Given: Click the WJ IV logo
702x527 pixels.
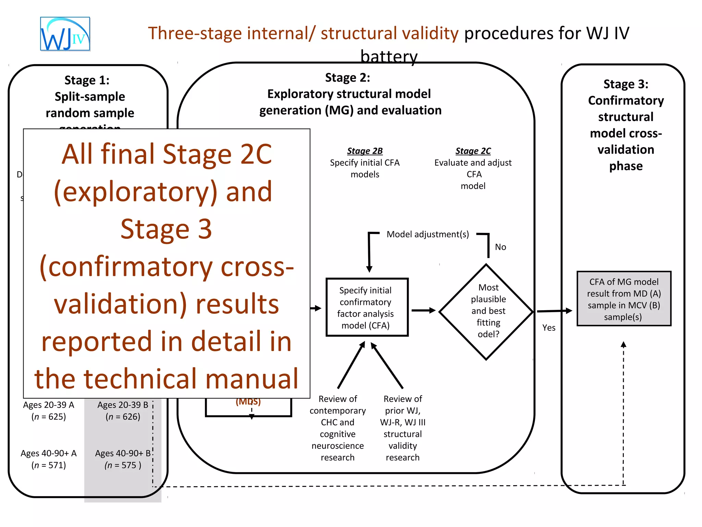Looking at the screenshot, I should pos(65,34).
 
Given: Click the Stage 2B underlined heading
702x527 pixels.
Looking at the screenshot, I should pos(365,151).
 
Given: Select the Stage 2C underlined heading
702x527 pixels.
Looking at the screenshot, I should pos(473,151).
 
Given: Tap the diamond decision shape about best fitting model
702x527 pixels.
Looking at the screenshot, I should pos(486,312).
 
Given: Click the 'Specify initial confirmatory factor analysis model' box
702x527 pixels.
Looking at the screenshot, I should pos(367,307).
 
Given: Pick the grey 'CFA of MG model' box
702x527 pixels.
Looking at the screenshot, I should pos(624,299).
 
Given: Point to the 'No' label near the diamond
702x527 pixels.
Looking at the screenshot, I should pos(500,247).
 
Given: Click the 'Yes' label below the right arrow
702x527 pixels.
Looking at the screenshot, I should pos(549,328).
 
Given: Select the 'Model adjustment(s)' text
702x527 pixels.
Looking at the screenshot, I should pos(428,234).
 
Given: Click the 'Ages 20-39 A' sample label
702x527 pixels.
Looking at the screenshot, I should pos(49,405).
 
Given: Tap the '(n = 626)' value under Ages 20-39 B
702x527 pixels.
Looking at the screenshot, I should pos(123,417).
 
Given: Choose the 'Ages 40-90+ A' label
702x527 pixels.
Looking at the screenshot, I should pos(49,454).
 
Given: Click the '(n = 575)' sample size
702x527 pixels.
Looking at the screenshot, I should pos(123,465).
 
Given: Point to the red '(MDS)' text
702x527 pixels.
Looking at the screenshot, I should pos(248,402).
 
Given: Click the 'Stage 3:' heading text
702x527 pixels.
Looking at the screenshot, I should pos(626,84).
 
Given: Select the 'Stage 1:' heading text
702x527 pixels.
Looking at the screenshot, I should pos(87,80).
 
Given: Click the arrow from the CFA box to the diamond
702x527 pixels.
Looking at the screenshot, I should pos(423,311).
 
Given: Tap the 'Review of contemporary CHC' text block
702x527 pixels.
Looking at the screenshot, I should pos(338,428).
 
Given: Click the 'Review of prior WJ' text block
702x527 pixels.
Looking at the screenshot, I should pos(403,428).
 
